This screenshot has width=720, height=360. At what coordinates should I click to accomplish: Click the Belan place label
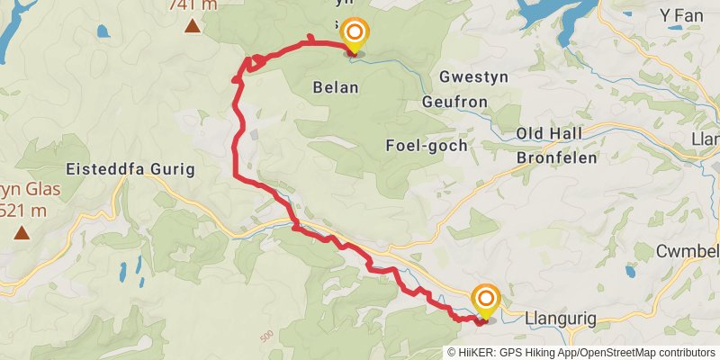pyautogui.click(x=337, y=87)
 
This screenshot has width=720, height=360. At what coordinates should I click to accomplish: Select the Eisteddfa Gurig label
pyautogui.click(x=130, y=169)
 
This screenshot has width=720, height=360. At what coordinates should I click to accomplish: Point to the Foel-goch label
pyautogui.click(x=426, y=145)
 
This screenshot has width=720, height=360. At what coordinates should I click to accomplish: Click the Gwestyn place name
pyautogui.click(x=474, y=76)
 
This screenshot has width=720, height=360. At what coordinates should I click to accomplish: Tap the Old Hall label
pyautogui.click(x=549, y=133)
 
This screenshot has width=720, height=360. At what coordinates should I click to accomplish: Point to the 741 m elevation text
pyautogui.click(x=193, y=4)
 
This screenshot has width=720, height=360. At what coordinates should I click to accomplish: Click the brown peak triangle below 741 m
pyautogui.click(x=192, y=25)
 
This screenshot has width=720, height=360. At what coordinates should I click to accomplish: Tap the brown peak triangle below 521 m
pyautogui.click(x=21, y=233)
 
